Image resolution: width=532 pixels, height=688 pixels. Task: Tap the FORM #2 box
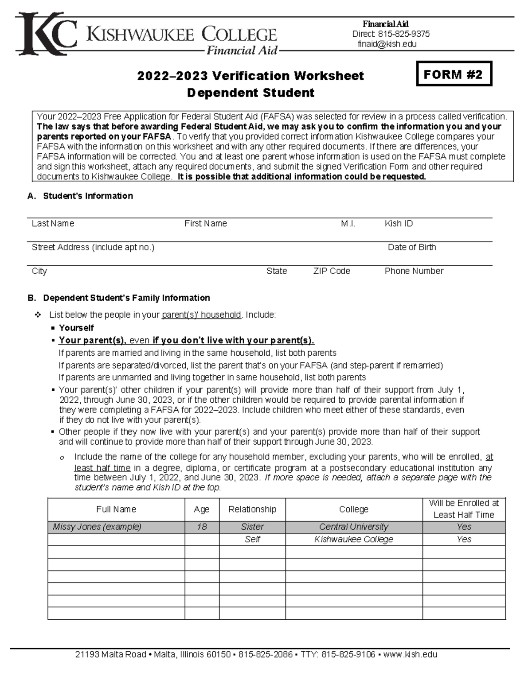tap(454, 74)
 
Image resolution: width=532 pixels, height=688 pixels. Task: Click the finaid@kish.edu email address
tap(387, 44)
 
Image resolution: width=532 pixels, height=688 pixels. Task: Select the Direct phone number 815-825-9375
tap(403, 34)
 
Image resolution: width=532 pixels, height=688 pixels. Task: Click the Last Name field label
tap(53, 224)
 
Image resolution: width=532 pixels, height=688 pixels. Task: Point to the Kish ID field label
tap(399, 224)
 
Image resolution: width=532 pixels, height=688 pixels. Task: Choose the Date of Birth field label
tap(411, 247)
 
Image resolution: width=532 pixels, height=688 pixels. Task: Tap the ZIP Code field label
tap(332, 271)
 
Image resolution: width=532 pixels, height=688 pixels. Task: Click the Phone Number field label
tap(414, 271)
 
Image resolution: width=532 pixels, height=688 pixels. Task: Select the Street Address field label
tap(93, 247)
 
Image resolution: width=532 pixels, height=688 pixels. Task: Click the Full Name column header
tap(116, 509)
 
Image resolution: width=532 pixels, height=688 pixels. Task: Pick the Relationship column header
tap(252, 509)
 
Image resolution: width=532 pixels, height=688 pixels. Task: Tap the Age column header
tap(202, 509)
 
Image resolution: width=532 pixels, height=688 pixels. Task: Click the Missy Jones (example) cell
tap(97, 527)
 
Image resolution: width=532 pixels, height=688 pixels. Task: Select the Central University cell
tap(353, 527)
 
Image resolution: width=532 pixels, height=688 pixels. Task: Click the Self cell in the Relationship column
tap(252, 539)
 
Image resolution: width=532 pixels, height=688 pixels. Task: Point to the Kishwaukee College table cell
tap(353, 539)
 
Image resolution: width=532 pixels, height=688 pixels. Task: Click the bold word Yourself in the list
tap(76, 328)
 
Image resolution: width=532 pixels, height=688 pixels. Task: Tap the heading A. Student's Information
tap(80, 196)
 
